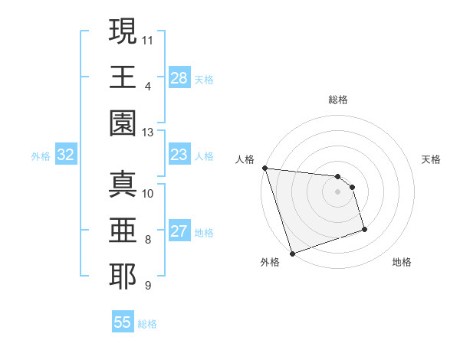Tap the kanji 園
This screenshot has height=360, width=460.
coord(123,123)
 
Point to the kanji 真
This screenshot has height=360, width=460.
coord(123,184)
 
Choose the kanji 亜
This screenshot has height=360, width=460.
coord(123,230)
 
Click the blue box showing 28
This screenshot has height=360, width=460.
coord(179,78)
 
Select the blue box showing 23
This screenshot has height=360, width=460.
coord(179,155)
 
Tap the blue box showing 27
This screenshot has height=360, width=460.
coord(179,232)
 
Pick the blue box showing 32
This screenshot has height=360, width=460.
coord(66,155)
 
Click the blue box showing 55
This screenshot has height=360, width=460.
coord(123,322)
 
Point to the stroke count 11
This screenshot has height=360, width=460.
coord(148,38)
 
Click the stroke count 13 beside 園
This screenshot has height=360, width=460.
coord(148,133)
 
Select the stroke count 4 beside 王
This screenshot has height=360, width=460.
coord(147,85)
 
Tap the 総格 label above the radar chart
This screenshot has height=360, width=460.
coord(338,100)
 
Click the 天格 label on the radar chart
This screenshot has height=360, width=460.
coord(431,159)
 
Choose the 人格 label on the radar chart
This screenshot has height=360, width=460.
coord(245,159)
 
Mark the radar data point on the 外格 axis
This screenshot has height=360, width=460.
coord(292,254)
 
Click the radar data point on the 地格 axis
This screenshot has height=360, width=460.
coord(364,229)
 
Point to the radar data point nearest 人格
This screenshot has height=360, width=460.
coord(264,168)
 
